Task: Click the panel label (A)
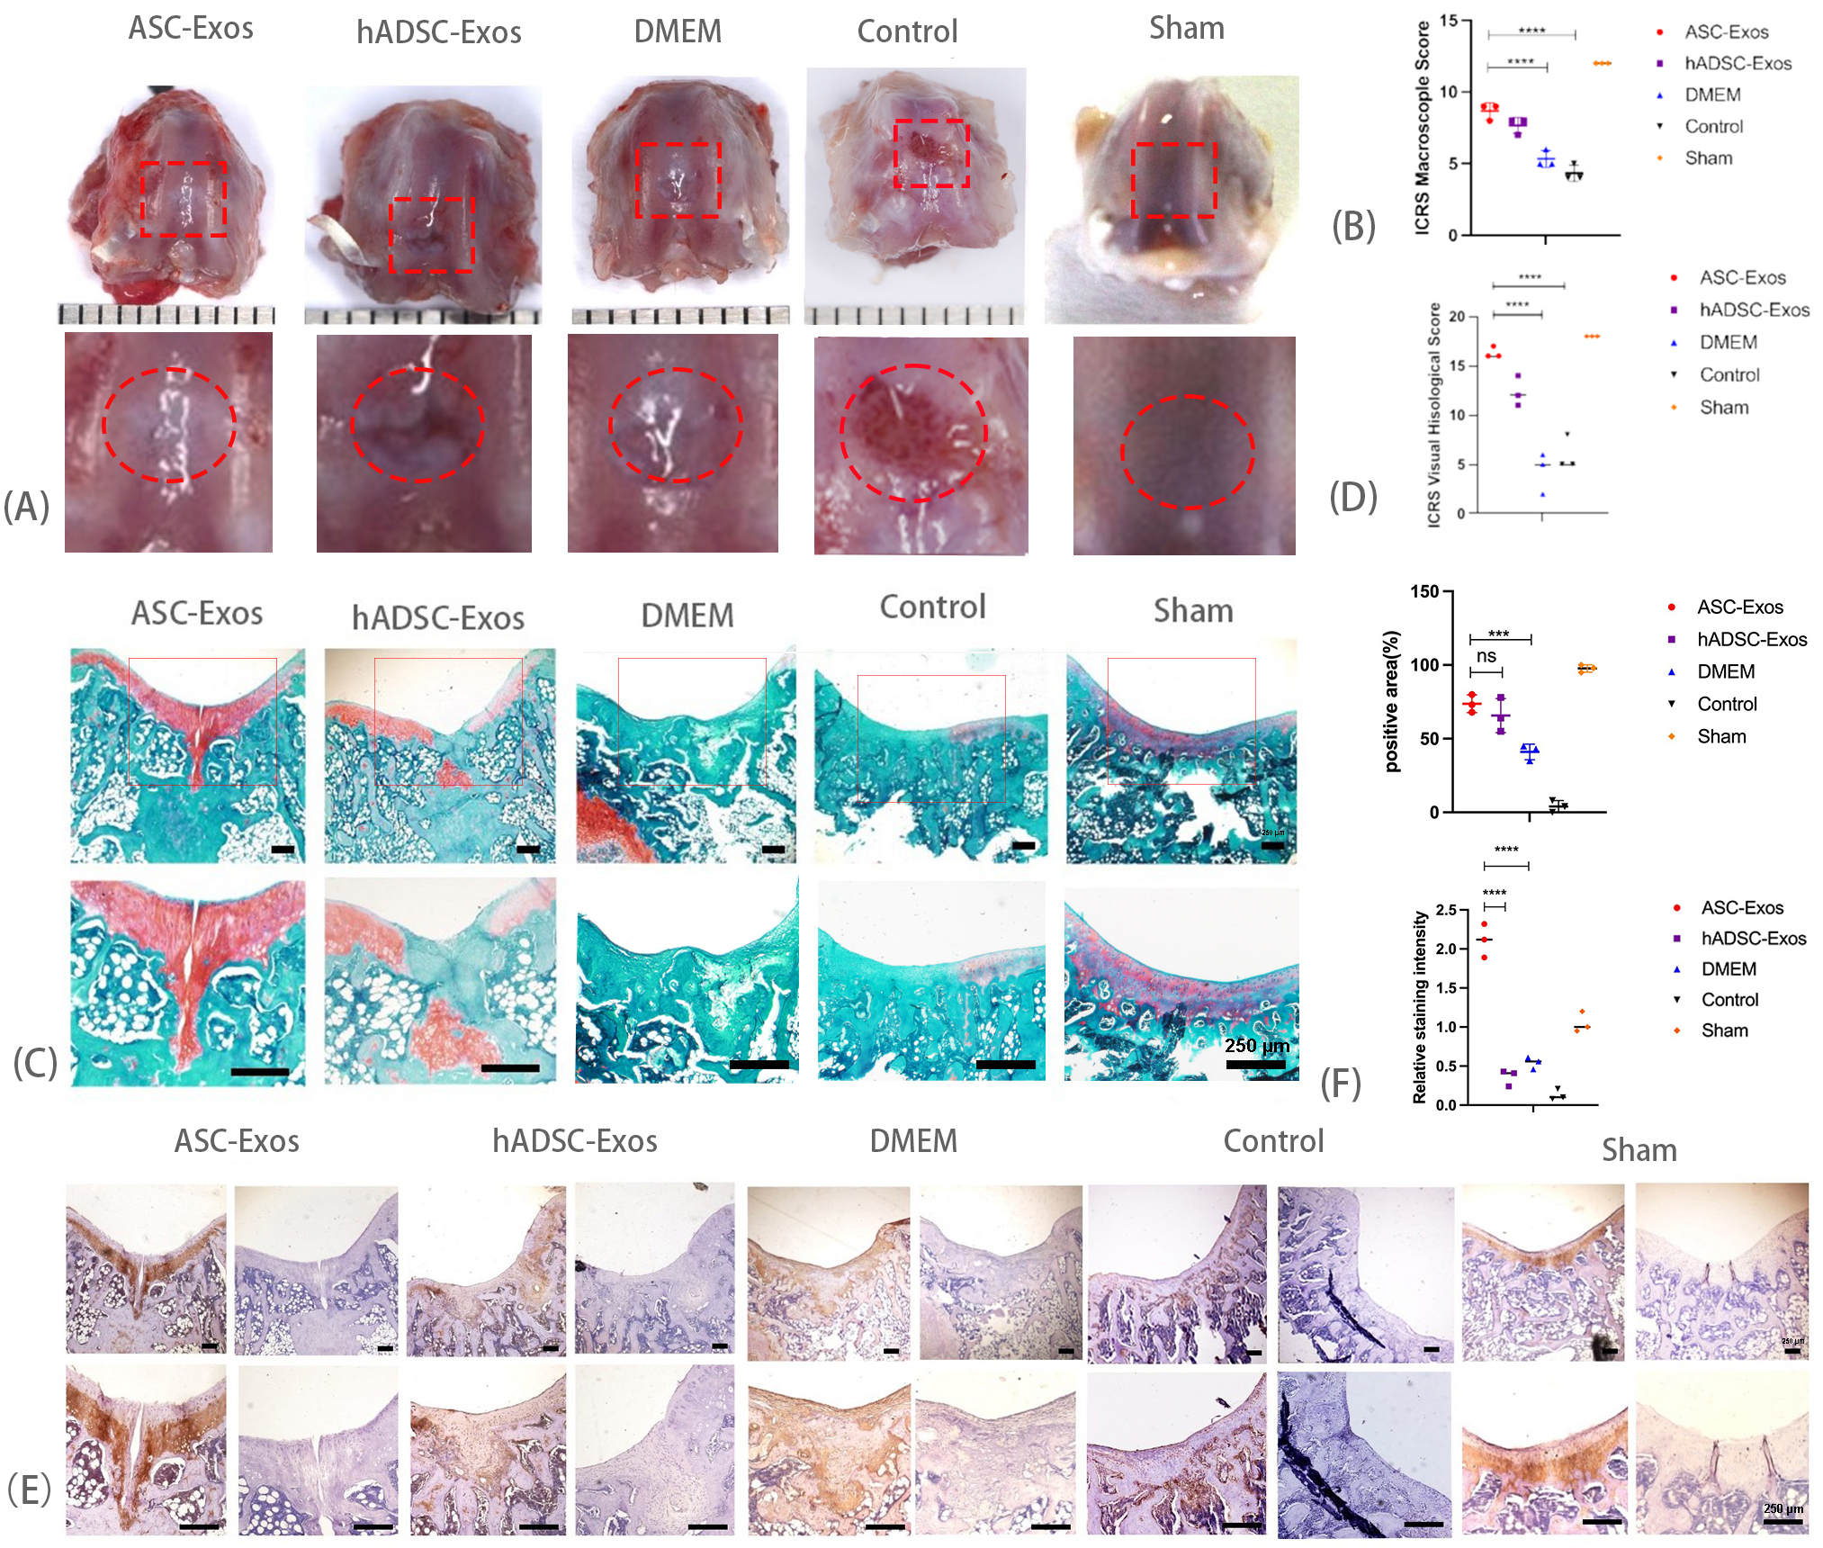(x=26, y=507)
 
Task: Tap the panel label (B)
(x=1353, y=226)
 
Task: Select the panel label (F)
(x=1340, y=1084)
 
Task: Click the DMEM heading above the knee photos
(x=678, y=31)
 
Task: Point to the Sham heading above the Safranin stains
(x=1193, y=611)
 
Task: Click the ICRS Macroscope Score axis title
(x=1423, y=129)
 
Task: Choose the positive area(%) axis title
(x=1392, y=701)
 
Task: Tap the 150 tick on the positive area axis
(x=1424, y=592)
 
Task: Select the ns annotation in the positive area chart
(x=1486, y=657)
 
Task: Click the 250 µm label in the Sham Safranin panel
(x=1257, y=1046)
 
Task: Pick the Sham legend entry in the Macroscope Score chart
(x=1708, y=158)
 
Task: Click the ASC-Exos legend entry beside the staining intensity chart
(x=1741, y=908)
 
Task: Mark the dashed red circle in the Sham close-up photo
(x=1187, y=453)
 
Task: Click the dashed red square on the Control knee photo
(x=931, y=154)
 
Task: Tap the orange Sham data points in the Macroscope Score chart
(x=1602, y=64)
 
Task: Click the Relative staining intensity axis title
(x=1420, y=1007)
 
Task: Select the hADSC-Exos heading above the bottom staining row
(x=574, y=1141)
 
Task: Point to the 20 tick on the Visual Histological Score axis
(x=1456, y=317)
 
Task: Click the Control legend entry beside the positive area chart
(x=1726, y=705)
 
